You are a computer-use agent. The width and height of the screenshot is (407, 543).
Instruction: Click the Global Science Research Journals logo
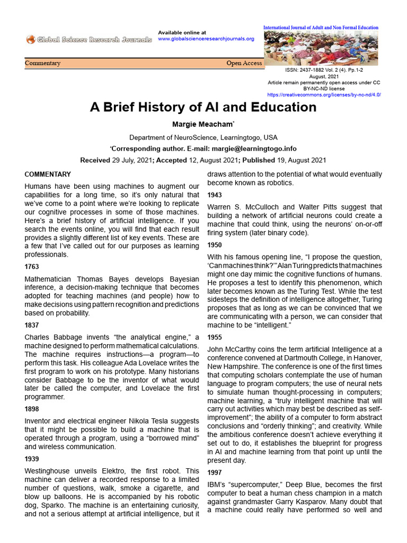89,39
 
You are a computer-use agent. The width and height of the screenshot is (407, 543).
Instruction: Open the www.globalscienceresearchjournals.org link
206,39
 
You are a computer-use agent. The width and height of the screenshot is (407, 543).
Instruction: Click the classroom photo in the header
321,48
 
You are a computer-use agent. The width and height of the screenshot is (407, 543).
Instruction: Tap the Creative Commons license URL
324,95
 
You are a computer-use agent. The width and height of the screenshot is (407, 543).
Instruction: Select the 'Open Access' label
244,63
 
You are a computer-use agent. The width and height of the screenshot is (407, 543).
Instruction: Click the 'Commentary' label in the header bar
43,63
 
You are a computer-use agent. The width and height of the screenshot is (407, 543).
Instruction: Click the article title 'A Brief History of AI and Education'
203,107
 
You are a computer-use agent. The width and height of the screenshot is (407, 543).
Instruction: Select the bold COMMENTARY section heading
48,174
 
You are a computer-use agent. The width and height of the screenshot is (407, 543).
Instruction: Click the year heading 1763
32,267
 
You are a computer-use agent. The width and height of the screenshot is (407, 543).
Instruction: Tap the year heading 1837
32,325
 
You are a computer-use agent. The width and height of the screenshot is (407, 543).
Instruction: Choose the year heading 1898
32,409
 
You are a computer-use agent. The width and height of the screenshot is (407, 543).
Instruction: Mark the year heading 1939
32,459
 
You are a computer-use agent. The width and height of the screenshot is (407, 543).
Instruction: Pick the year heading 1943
214,195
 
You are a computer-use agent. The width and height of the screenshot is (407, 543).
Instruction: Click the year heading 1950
214,245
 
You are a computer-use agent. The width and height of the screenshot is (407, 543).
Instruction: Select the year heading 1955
214,337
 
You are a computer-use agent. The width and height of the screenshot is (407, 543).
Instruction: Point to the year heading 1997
214,472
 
